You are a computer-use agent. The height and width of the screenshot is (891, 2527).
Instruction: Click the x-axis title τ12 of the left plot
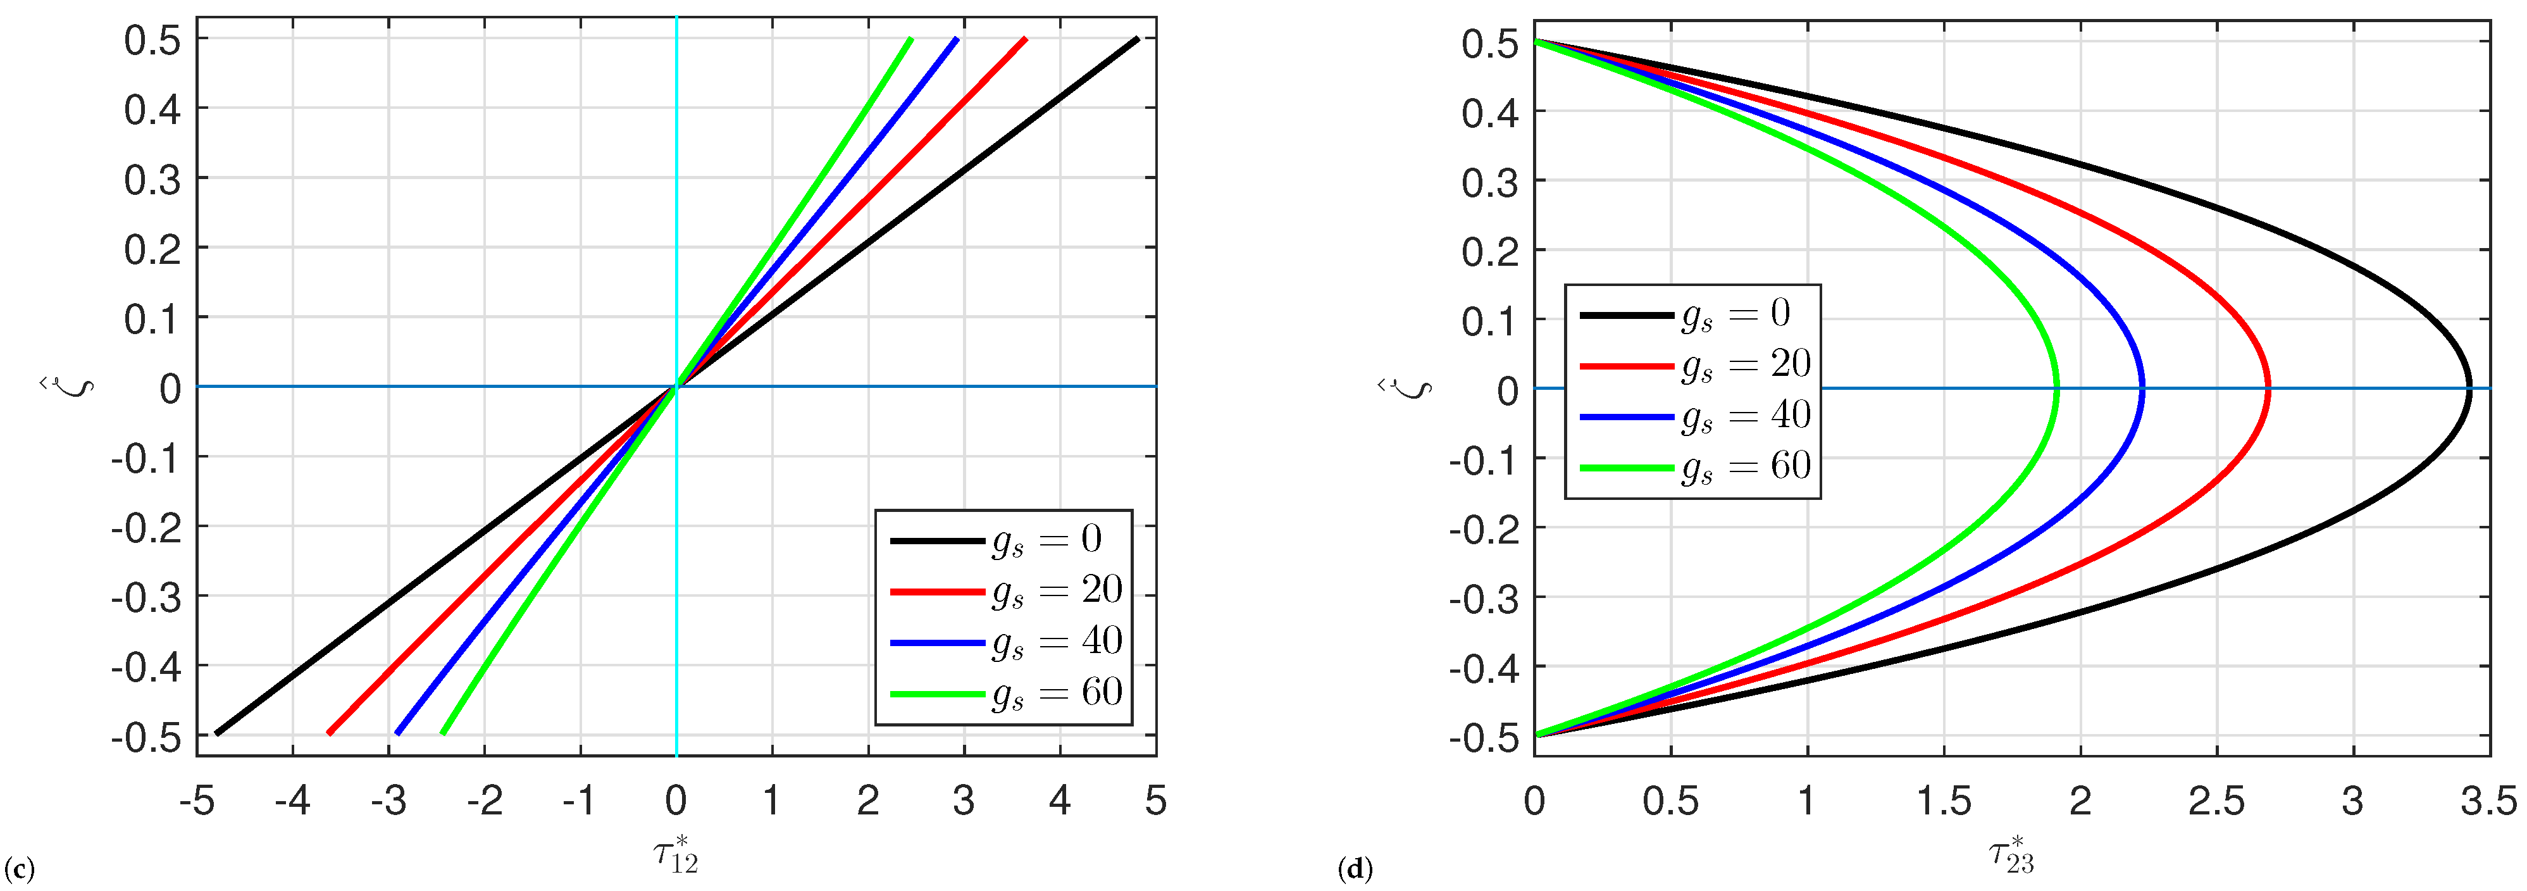click(x=676, y=854)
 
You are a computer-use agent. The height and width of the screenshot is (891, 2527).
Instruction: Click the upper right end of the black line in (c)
click(x=1137, y=39)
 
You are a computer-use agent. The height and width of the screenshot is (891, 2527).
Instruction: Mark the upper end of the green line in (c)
click(x=910, y=39)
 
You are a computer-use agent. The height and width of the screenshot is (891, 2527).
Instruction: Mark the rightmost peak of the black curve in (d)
click(x=2469, y=389)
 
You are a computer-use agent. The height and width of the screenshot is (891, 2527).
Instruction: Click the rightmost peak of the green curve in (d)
click(x=2056, y=389)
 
